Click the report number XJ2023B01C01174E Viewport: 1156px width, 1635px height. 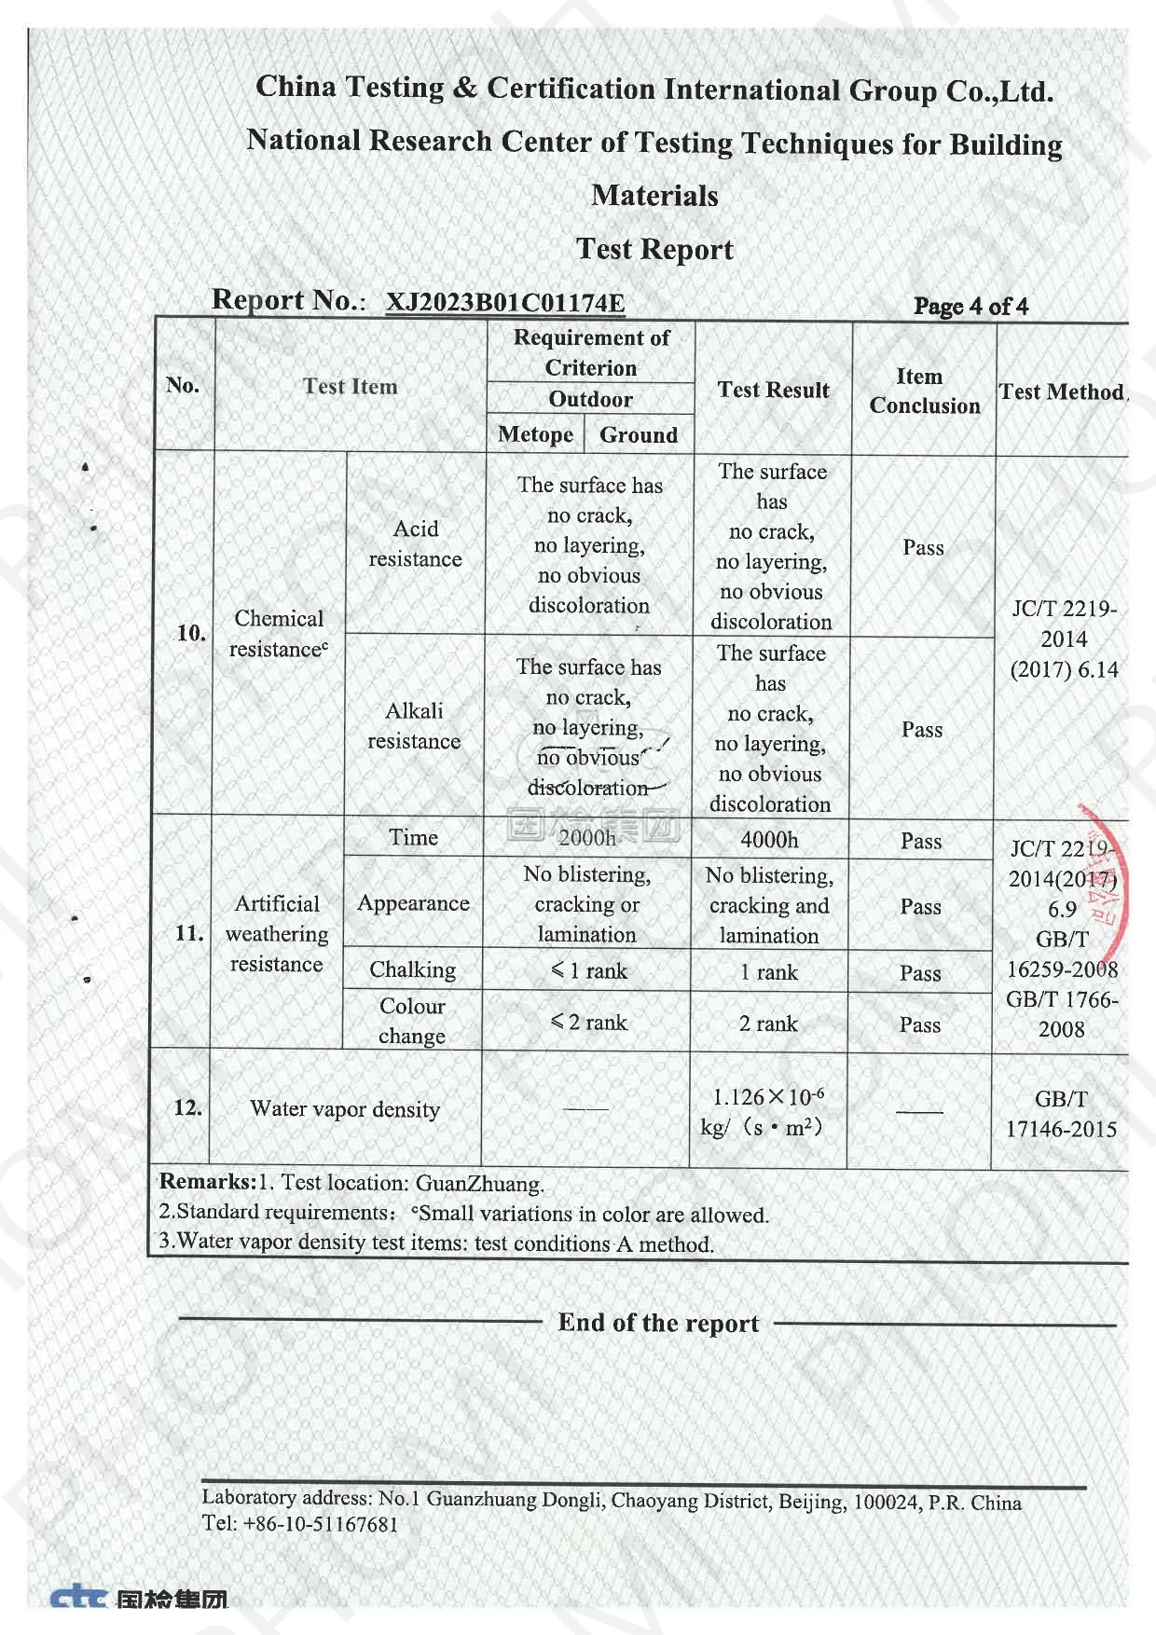pyautogui.click(x=505, y=303)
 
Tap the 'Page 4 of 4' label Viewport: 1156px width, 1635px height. pyautogui.click(x=970, y=307)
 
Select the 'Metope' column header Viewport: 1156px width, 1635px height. pyautogui.click(x=535, y=434)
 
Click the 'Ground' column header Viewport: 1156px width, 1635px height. pyautogui.click(x=639, y=435)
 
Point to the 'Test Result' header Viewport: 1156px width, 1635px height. pyautogui.click(x=773, y=391)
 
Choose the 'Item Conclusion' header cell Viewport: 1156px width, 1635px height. pyautogui.click(x=924, y=392)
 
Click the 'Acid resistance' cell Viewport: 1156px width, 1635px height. pyautogui.click(x=416, y=543)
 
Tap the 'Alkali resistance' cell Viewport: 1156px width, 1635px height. pyautogui.click(x=414, y=725)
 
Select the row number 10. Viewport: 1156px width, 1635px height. pyautogui.click(x=190, y=633)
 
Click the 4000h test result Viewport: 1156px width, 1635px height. pyautogui.click(x=769, y=840)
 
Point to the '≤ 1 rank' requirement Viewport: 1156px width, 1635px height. pyautogui.click(x=588, y=971)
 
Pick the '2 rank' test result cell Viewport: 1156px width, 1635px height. pyautogui.click(x=768, y=1024)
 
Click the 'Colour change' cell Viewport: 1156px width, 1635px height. pyautogui.click(x=412, y=1021)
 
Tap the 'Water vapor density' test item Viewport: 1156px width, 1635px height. pyautogui.click(x=345, y=1109)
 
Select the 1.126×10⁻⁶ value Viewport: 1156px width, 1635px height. pyautogui.click(x=768, y=1098)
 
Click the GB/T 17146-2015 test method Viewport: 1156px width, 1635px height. pyautogui.click(x=1061, y=1114)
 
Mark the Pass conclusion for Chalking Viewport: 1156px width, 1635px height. pyautogui.click(x=920, y=973)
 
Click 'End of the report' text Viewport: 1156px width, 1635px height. pyautogui.click(x=658, y=1323)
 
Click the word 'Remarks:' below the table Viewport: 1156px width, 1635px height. pyautogui.click(x=207, y=1182)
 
